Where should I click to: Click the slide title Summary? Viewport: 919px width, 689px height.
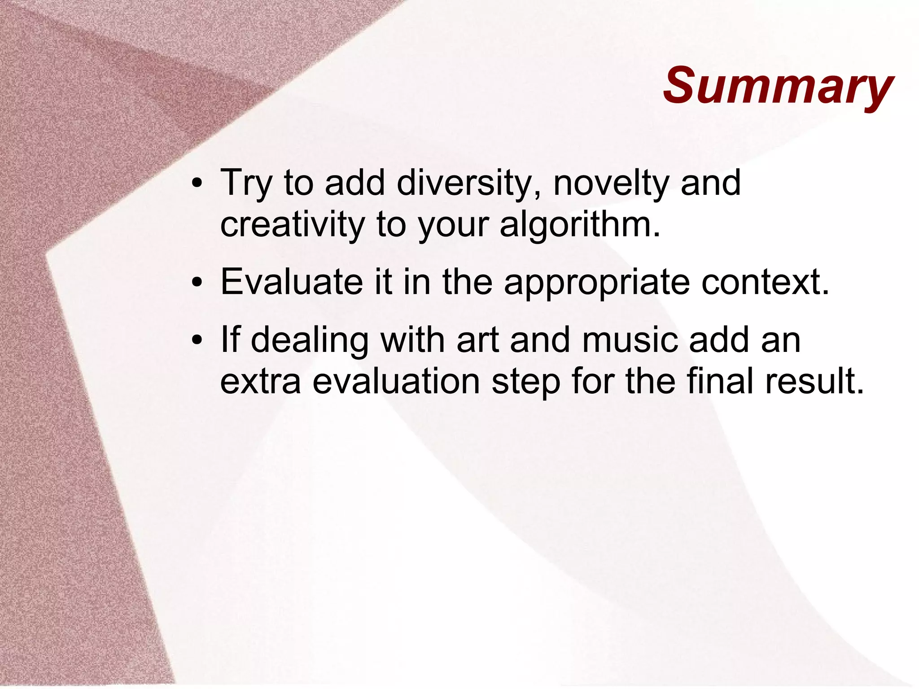(x=778, y=86)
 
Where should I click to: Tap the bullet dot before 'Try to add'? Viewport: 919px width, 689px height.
(x=196, y=184)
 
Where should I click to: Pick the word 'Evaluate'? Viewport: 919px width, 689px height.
(x=292, y=282)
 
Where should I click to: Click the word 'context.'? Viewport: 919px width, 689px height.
(x=766, y=282)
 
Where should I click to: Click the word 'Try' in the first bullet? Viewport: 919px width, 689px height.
(x=246, y=184)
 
